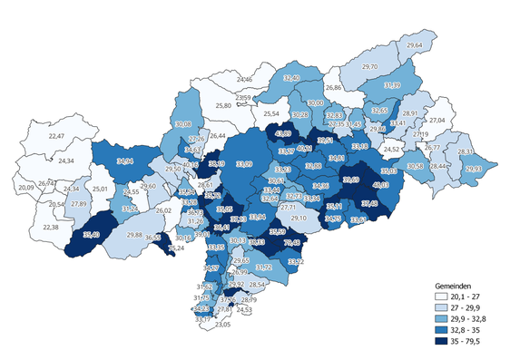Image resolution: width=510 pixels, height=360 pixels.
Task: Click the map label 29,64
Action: pos(415,45)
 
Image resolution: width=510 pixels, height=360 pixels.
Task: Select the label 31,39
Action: pos(392,85)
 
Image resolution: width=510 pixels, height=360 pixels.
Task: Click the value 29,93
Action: pos(474,170)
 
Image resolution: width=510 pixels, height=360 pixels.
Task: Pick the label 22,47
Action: pos(57,136)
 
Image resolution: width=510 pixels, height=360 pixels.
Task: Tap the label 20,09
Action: pos(25,188)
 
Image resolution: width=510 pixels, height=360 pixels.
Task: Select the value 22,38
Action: pos(49,227)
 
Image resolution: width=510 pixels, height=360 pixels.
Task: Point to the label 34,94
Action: pos(126,161)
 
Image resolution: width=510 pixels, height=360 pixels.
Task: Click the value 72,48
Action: pos(292,243)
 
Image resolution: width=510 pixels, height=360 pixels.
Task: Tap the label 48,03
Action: pos(380,185)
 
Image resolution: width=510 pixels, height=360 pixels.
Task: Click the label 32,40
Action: pos(291,80)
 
